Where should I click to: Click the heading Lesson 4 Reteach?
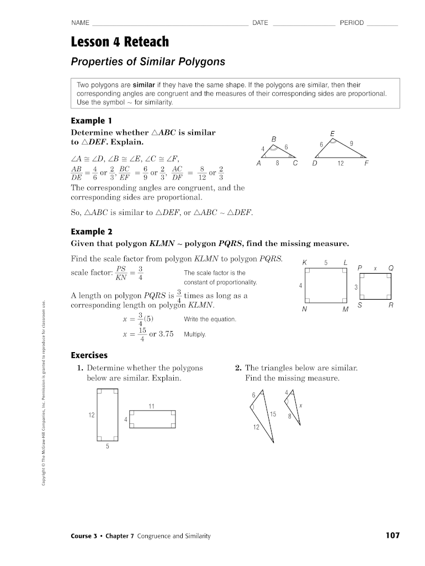pos(120,42)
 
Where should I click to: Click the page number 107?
pos(392,536)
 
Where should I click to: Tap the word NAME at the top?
pos(80,23)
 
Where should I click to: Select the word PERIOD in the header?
pos(352,23)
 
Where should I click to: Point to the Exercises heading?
pos(89,355)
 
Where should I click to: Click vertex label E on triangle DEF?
pos(332,134)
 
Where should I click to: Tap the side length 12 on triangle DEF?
pos(341,164)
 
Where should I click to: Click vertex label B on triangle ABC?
pos(273,138)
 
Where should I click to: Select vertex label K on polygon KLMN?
pos(305,262)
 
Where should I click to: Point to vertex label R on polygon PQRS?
pos(391,305)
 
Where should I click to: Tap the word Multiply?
pos(194,334)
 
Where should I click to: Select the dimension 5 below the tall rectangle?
pos(108,447)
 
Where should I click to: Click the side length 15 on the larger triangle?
pos(273,414)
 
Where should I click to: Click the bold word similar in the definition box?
pos(144,85)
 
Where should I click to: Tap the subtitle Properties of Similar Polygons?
pos(148,61)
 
